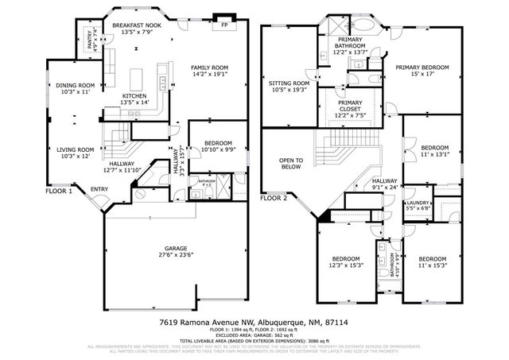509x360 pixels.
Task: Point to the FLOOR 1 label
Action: (x=59, y=191)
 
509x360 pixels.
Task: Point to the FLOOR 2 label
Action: (x=274, y=197)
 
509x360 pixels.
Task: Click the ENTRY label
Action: (x=99, y=188)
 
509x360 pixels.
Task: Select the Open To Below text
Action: (x=290, y=164)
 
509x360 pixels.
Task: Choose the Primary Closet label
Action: (x=350, y=106)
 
